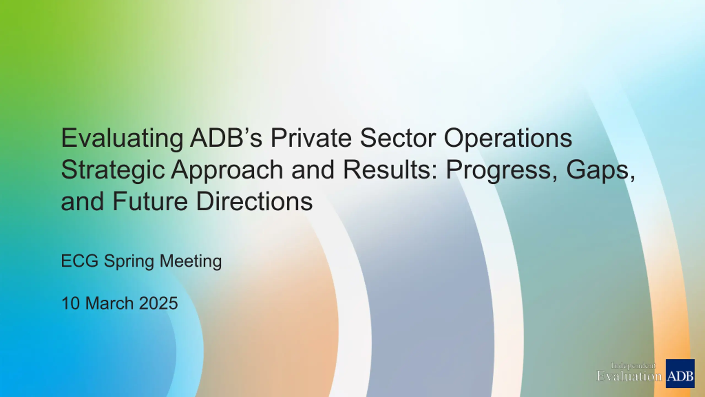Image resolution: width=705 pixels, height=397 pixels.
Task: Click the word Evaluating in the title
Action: (x=122, y=139)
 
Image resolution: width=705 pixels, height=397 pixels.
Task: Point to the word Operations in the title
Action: (x=508, y=139)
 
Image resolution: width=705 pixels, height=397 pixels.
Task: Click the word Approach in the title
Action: (x=227, y=171)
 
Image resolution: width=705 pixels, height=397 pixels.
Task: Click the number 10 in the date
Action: (x=70, y=303)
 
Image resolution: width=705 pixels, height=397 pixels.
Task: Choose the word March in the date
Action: (x=110, y=303)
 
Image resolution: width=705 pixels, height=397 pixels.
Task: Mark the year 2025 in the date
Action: (x=158, y=303)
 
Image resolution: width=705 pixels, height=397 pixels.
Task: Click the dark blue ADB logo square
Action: (x=680, y=374)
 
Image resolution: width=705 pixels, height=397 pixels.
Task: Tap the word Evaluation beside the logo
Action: (x=629, y=376)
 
